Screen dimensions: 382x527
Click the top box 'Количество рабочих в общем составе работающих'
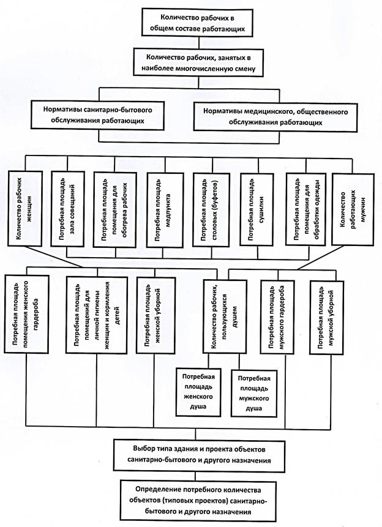coord(197,22)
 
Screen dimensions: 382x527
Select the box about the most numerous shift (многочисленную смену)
coord(198,63)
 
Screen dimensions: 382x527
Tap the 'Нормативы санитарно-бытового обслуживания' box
coord(97,115)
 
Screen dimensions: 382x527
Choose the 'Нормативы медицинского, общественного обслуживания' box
coord(275,116)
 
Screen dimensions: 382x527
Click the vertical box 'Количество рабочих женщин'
coord(25,209)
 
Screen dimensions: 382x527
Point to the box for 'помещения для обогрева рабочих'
coord(115,210)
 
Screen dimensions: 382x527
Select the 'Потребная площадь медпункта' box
coord(165,211)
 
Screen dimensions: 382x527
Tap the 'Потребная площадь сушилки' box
coord(257,209)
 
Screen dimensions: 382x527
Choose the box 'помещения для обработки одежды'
coord(305,209)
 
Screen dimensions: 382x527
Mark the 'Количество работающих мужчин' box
coord(353,209)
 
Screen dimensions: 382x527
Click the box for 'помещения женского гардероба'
coord(26,314)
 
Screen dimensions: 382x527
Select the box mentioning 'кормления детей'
coord(97,315)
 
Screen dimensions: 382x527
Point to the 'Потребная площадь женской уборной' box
coord(155,315)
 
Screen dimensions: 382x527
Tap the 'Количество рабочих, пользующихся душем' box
coord(225,316)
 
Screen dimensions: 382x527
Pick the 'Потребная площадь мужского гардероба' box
coord(277,317)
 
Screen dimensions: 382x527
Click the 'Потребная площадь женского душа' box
coord(199,392)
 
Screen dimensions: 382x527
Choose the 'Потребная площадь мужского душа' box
coord(254,394)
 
